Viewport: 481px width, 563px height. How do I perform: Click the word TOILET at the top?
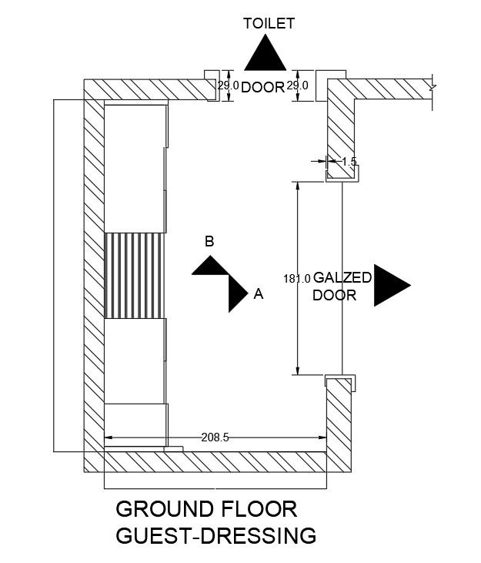269,24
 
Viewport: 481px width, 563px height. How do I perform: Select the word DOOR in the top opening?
263,87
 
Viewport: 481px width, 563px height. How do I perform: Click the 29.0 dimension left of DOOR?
228,86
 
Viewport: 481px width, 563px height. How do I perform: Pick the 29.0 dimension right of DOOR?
298,86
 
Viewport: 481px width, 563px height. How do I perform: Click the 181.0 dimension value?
296,279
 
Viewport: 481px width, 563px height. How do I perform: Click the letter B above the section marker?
209,241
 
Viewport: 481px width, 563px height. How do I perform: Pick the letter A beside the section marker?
259,293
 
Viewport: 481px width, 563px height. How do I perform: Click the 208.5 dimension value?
215,437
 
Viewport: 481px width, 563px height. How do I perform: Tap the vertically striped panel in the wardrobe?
135,274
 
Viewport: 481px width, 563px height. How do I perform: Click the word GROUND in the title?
163,509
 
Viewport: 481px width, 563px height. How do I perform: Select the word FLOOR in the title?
259,509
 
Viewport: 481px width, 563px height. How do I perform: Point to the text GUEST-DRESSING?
215,535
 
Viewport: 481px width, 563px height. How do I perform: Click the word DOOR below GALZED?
335,295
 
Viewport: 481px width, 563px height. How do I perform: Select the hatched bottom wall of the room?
215,462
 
